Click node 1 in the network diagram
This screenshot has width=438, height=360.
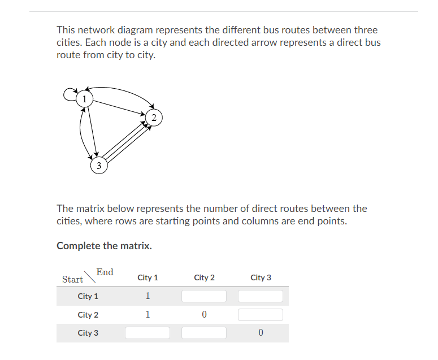coord(84,99)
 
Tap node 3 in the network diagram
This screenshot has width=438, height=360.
coord(98,166)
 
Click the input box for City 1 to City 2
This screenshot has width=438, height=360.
coord(204,296)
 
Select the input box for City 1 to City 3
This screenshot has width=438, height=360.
coord(261,296)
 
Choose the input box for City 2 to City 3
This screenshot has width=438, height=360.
coord(261,315)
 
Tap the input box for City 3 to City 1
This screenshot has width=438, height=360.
coord(148,333)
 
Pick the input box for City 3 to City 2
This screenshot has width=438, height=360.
coord(204,333)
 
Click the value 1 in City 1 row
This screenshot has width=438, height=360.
coord(148,296)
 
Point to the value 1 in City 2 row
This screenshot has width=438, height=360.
coord(148,315)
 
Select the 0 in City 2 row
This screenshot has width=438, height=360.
coord(204,315)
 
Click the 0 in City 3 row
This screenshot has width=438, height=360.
coord(261,333)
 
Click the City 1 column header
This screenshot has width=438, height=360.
coord(148,277)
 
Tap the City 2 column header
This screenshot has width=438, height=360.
coord(204,277)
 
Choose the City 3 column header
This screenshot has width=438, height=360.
coord(261,277)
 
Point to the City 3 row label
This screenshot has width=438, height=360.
coord(88,333)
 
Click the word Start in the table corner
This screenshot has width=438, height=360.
coord(72,280)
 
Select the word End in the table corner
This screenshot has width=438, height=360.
coord(105,272)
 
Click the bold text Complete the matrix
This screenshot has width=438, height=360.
coord(104,246)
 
